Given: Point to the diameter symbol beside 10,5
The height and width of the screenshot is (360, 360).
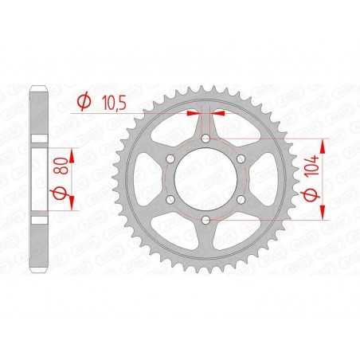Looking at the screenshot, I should tap(84, 101).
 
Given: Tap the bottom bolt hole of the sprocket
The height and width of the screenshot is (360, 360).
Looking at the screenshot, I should tap(206, 219).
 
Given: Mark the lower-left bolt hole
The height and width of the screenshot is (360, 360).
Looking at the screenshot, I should tap(170, 199).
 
